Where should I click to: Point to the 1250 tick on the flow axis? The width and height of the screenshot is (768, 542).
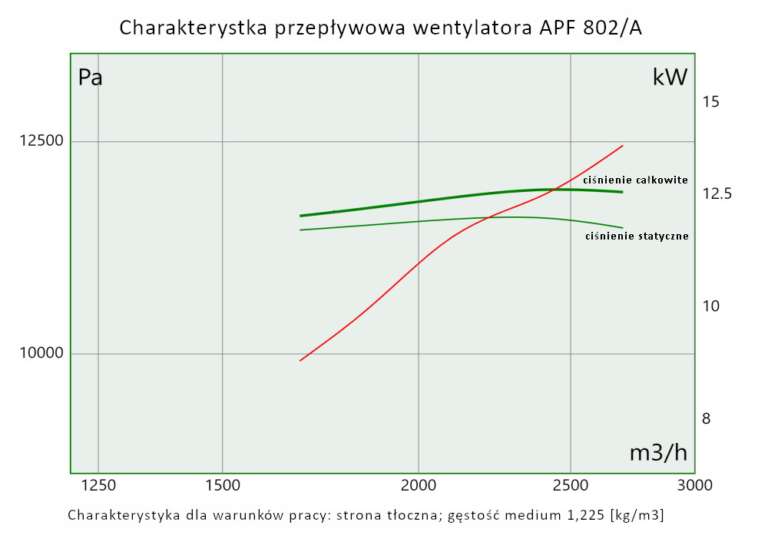[x=98, y=485]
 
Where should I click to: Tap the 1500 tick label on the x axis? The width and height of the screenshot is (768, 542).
[x=222, y=485]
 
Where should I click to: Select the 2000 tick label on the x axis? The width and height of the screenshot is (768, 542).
[x=419, y=485]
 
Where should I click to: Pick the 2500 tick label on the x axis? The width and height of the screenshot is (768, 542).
[x=571, y=485]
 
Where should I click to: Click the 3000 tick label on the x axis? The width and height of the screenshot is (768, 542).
[x=694, y=485]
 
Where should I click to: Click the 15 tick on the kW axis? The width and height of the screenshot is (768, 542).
[x=711, y=101]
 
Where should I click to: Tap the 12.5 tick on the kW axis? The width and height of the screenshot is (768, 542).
[x=717, y=193]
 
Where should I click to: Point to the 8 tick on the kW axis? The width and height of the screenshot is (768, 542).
[x=707, y=418]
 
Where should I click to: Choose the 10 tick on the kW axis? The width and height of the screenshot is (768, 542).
[x=711, y=306]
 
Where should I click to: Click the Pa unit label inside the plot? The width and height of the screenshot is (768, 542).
[x=91, y=78]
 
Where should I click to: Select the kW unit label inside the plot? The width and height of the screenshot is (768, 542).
[x=669, y=78]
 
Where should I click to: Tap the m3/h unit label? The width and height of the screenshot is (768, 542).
[x=658, y=453]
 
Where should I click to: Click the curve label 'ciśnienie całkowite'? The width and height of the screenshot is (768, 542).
[x=635, y=180]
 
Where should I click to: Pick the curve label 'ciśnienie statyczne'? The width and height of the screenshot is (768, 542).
[x=637, y=236]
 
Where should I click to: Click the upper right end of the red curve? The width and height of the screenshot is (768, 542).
[x=623, y=145]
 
